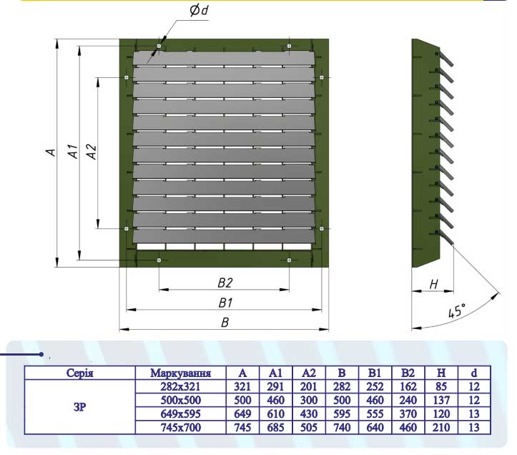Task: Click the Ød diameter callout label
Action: [x=198, y=11]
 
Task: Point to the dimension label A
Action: [x=50, y=152]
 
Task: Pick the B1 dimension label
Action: [x=225, y=302]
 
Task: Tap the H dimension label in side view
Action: [x=433, y=284]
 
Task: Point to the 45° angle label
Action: [x=456, y=311]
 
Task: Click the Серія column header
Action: [x=80, y=373]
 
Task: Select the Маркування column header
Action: [x=180, y=373]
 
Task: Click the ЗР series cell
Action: [x=80, y=407]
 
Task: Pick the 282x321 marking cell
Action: [x=180, y=386]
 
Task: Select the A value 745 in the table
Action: [x=243, y=428]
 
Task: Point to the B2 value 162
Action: [x=408, y=386]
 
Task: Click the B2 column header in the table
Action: [x=408, y=373]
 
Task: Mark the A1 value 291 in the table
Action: [x=276, y=386]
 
